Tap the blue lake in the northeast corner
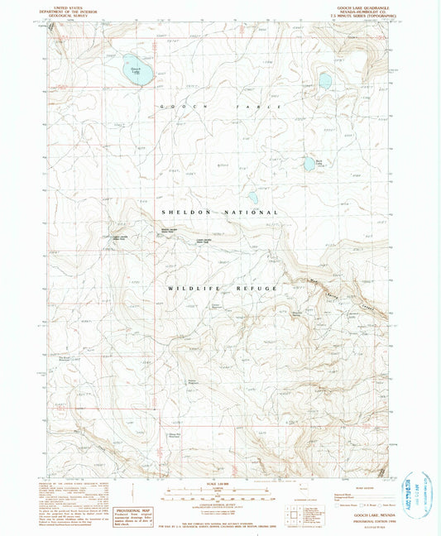pos(325,81)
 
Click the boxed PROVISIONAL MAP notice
pos(134,504)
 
